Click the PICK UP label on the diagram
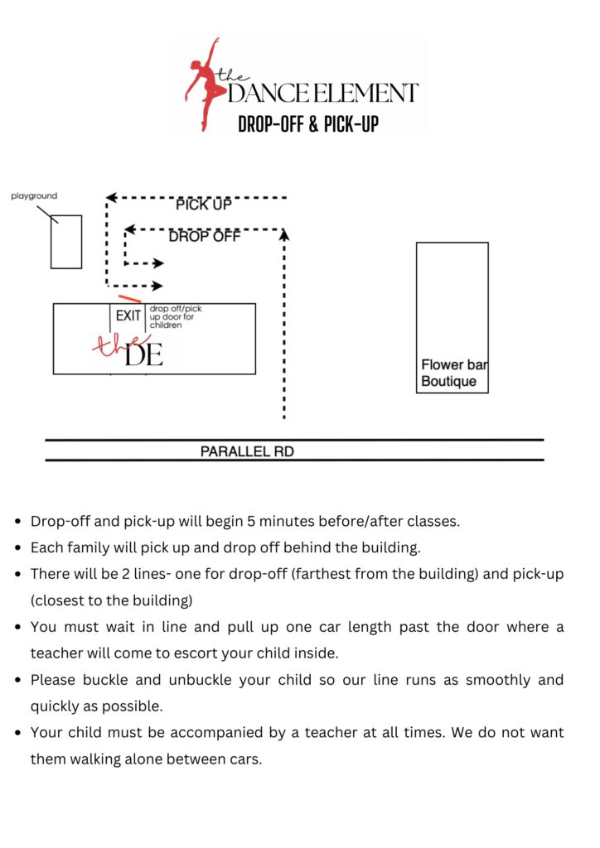pos(203,204)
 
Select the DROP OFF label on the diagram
pos(204,237)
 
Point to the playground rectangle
pos(66,242)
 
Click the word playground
pos(34,196)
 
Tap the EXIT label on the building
pos(128,316)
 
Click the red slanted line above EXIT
pos(129,298)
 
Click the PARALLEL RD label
pos(247,452)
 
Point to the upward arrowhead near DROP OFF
pos(284,235)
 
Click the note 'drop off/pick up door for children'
pos(175,317)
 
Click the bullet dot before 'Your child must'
pos(18,733)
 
